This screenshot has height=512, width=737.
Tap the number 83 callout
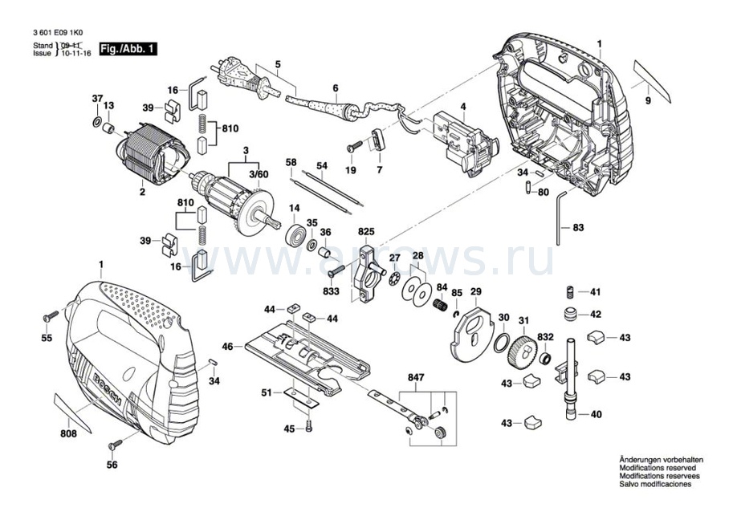[x=579, y=228]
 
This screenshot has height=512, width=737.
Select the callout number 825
[x=366, y=231]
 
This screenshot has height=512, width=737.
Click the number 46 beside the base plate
[x=228, y=347]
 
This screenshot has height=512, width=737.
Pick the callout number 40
[x=596, y=415]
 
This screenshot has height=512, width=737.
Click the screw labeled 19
[x=356, y=148]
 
